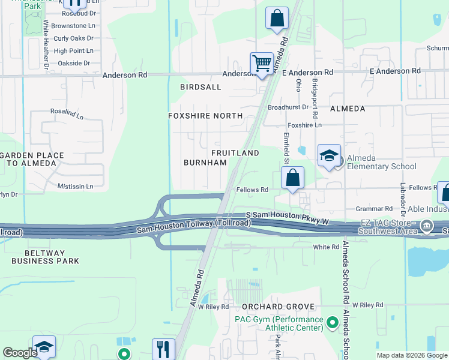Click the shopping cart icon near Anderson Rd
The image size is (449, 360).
[x=262, y=63]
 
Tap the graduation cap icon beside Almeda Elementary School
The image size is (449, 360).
[x=329, y=156]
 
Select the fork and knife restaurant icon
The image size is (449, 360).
[x=163, y=348]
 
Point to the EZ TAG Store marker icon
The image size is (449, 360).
[x=427, y=227]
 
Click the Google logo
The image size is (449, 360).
[x=20, y=353]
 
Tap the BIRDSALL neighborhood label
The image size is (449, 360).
[x=200, y=87]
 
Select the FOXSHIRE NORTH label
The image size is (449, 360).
[x=205, y=116]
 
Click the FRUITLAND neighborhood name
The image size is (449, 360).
[x=235, y=153]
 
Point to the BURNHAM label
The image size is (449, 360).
[x=205, y=163]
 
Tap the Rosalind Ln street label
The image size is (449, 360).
[x=67, y=113]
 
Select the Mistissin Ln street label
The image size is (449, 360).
[x=75, y=187]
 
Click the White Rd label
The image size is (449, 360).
[x=327, y=247]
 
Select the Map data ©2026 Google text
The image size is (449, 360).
[x=411, y=355]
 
